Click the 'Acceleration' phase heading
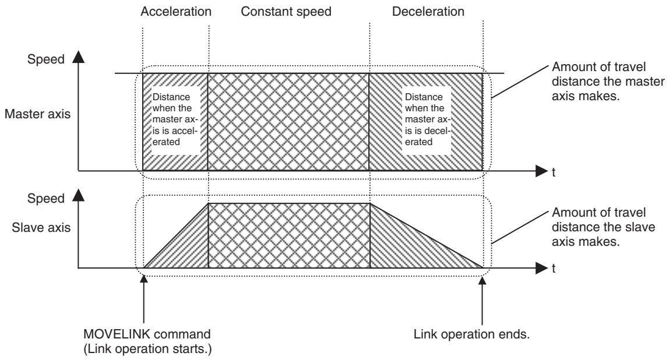point(176,12)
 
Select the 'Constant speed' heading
point(286,12)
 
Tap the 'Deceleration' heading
point(428,12)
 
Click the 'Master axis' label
point(37,114)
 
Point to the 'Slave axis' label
point(41,227)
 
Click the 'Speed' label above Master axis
point(45,59)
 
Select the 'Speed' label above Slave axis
point(45,198)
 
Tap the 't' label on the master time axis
point(554,172)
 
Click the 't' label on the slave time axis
point(554,269)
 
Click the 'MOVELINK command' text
point(147,334)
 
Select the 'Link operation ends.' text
point(471,334)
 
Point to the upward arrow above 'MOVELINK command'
point(144,299)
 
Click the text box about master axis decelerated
point(427,119)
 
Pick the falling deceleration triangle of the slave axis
point(406,248)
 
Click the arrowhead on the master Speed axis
point(78,56)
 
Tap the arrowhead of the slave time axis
point(541,269)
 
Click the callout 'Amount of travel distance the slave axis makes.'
point(603,227)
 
